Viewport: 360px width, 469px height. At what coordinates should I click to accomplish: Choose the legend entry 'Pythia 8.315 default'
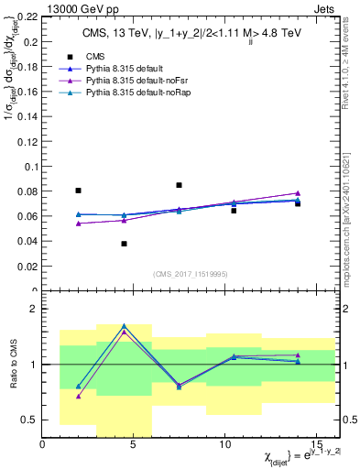point(115,69)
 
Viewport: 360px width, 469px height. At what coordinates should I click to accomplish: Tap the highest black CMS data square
point(179,185)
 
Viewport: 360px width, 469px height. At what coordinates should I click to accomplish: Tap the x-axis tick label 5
point(134,446)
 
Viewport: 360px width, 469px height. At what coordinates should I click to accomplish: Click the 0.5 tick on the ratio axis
point(31,420)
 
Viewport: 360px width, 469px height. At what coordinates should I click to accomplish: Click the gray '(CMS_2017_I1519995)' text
point(190,272)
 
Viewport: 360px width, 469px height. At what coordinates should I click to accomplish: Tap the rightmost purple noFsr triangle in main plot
point(298,193)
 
